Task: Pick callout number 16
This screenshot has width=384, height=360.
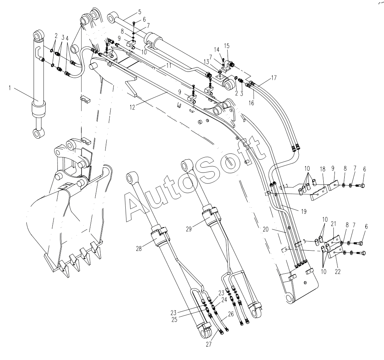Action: tap(252, 103)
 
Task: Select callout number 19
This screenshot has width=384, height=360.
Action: tap(299, 210)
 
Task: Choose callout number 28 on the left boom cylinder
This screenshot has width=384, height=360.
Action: tap(139, 249)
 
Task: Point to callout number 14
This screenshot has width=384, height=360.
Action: tap(216, 49)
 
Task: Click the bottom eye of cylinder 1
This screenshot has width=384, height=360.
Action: tap(38, 134)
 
